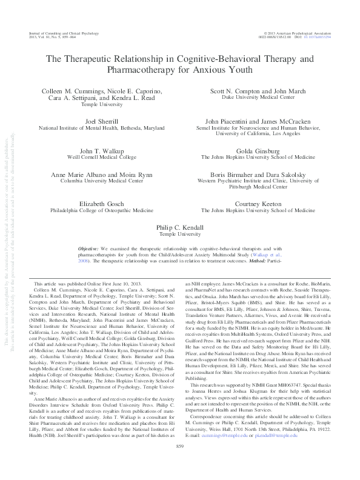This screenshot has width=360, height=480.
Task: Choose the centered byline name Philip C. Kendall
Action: pyautogui.click(x=180, y=224)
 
